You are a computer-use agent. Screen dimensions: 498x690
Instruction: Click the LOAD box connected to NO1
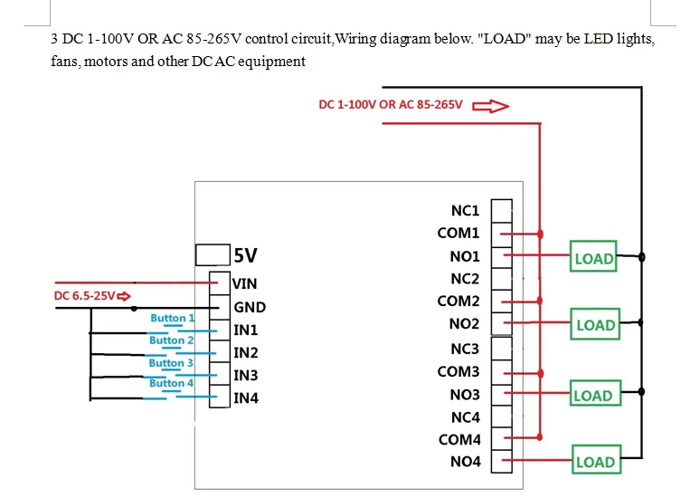[593, 257]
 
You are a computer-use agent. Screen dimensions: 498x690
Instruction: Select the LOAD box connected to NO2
[595, 324]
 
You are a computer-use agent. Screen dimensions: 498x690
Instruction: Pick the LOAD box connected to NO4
[594, 462]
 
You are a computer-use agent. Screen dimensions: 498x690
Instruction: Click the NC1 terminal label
[465, 211]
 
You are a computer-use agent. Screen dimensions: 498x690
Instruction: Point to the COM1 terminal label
[458, 234]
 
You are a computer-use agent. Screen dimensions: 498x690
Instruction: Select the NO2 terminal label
[465, 323]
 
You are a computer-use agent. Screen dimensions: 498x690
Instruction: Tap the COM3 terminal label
[458, 371]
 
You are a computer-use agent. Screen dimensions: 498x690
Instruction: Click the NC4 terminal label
[465, 417]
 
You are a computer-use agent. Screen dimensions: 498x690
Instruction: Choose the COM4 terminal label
[458, 440]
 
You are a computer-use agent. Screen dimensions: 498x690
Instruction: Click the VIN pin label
[245, 283]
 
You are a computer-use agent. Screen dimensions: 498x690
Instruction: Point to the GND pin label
[250, 307]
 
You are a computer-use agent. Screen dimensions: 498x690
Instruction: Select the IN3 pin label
[246, 375]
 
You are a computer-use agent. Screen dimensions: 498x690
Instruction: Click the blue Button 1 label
[172, 318]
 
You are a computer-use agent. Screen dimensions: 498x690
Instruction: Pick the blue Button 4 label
[172, 383]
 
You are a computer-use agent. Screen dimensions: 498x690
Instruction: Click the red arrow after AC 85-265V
[490, 105]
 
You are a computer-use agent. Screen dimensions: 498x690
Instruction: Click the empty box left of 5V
[212, 254]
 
